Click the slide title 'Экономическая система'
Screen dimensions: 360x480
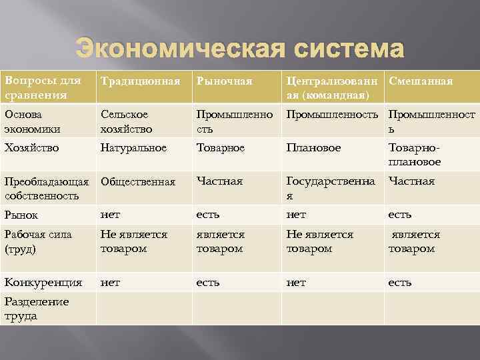click(x=239, y=49)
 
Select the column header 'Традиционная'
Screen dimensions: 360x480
click(x=140, y=81)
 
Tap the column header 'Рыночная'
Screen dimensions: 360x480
click(x=224, y=81)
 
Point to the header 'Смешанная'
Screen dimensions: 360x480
click(x=420, y=81)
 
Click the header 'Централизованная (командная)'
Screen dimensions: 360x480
click(x=331, y=88)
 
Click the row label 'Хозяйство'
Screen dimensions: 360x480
click(x=31, y=147)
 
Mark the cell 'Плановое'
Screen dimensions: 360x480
click(x=313, y=147)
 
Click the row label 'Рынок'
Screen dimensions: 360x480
click(x=21, y=215)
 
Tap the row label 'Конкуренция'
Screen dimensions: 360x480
click(x=43, y=282)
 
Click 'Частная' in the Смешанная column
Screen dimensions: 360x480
click(x=411, y=181)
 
